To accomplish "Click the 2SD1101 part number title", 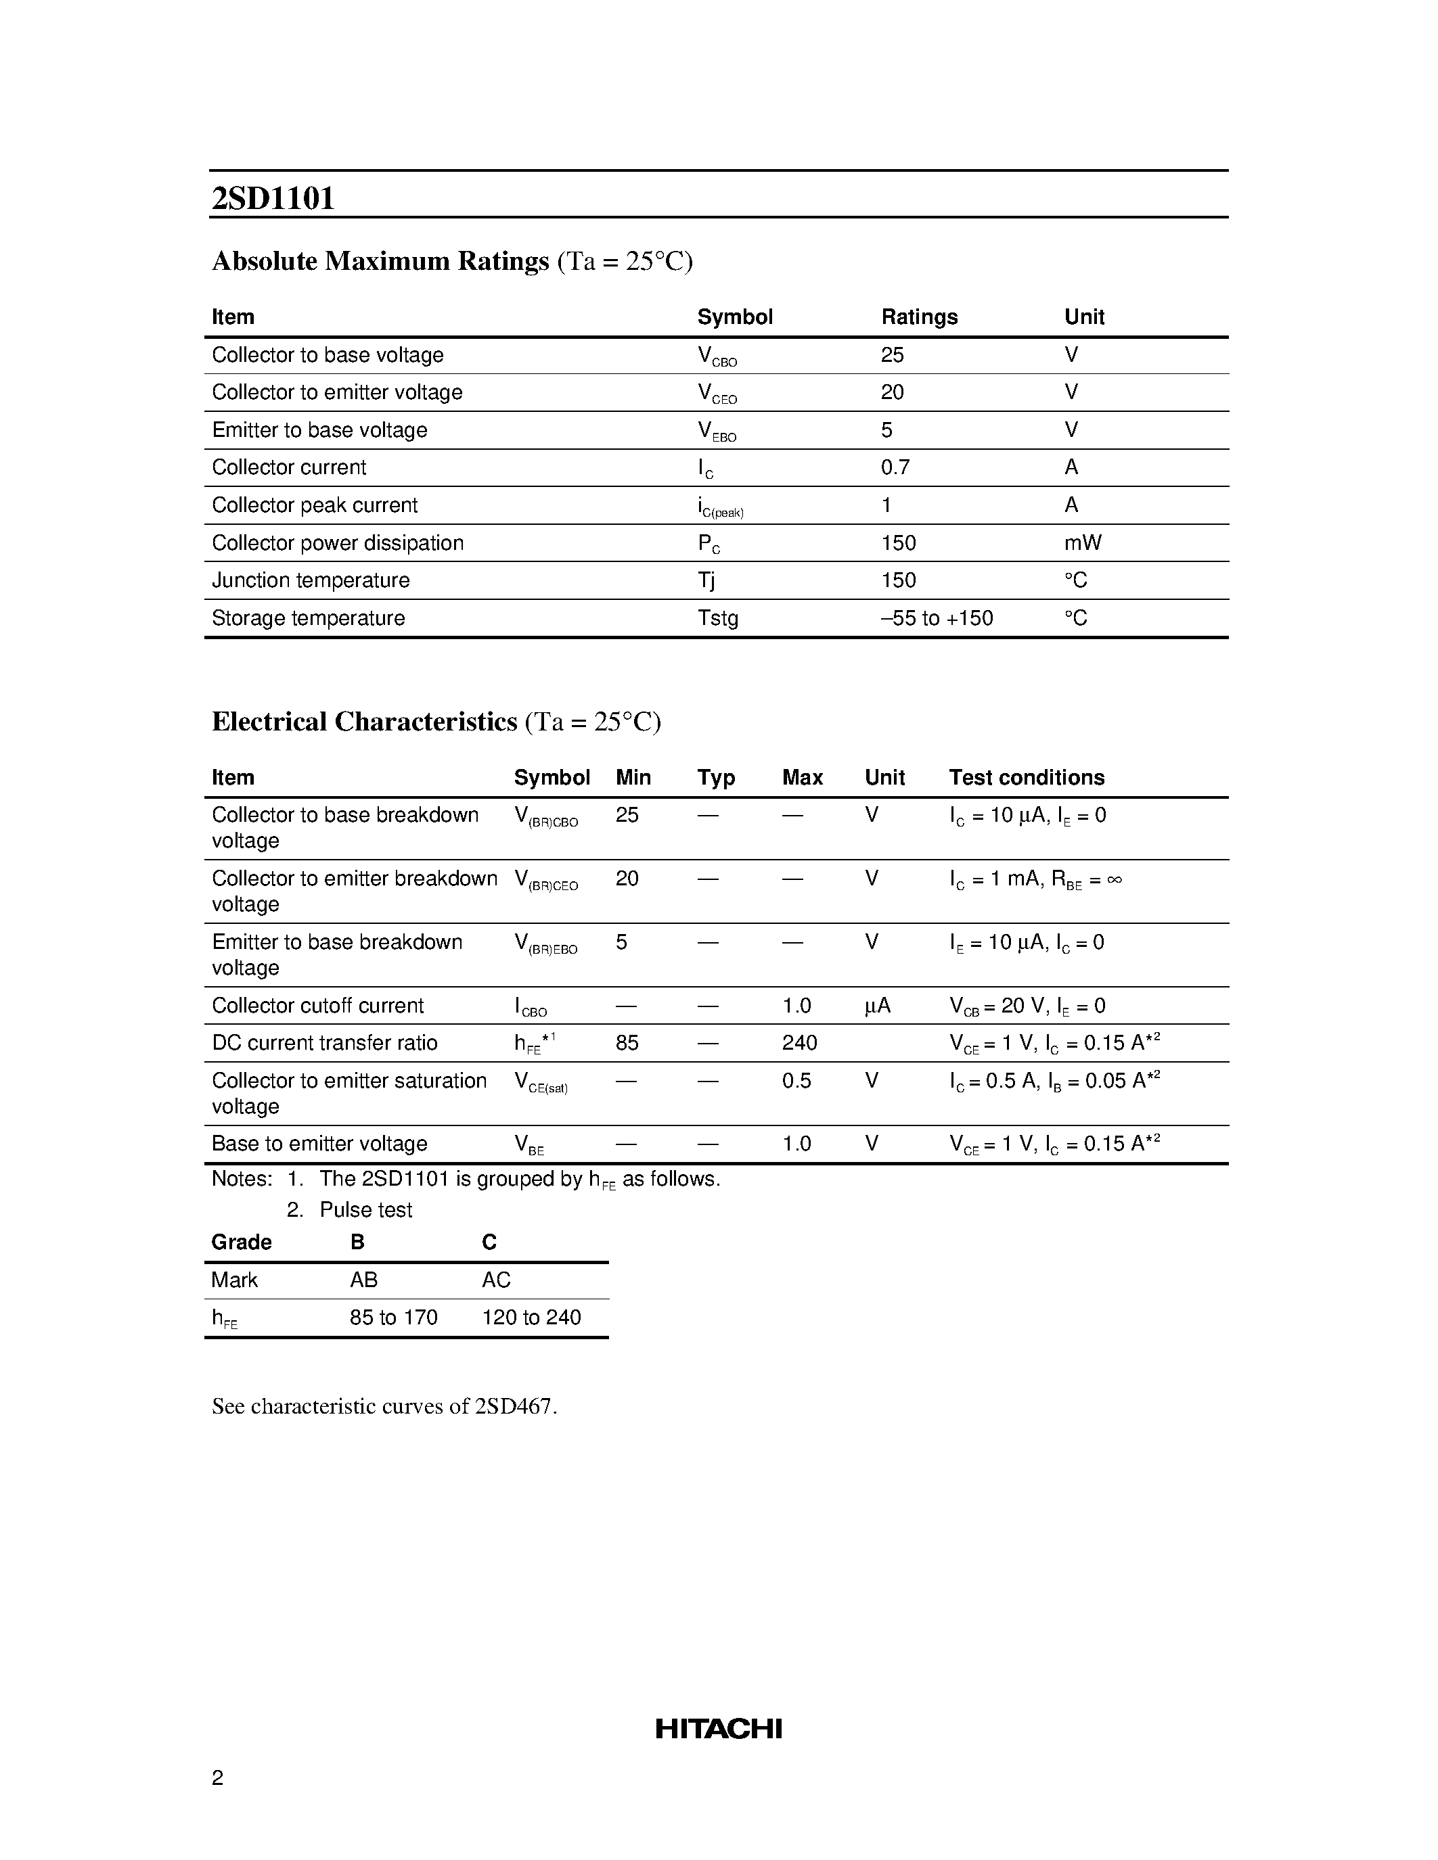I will [273, 198].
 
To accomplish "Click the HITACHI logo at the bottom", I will [718, 1728].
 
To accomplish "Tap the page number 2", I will [217, 1777].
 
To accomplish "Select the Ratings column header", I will [919, 317].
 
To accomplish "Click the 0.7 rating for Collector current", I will [895, 467].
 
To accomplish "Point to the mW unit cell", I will [1083, 542].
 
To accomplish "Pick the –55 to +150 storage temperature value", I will [937, 618].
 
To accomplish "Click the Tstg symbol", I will [717, 618].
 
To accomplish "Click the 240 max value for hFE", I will [799, 1042].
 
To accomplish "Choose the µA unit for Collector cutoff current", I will [878, 1006].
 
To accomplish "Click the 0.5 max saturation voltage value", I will [796, 1080].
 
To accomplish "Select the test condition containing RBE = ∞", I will [1036, 879].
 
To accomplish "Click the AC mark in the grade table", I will [496, 1280].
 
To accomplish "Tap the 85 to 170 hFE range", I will [392, 1318].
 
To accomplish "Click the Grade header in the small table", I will [241, 1242].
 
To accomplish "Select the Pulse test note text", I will [365, 1209].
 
